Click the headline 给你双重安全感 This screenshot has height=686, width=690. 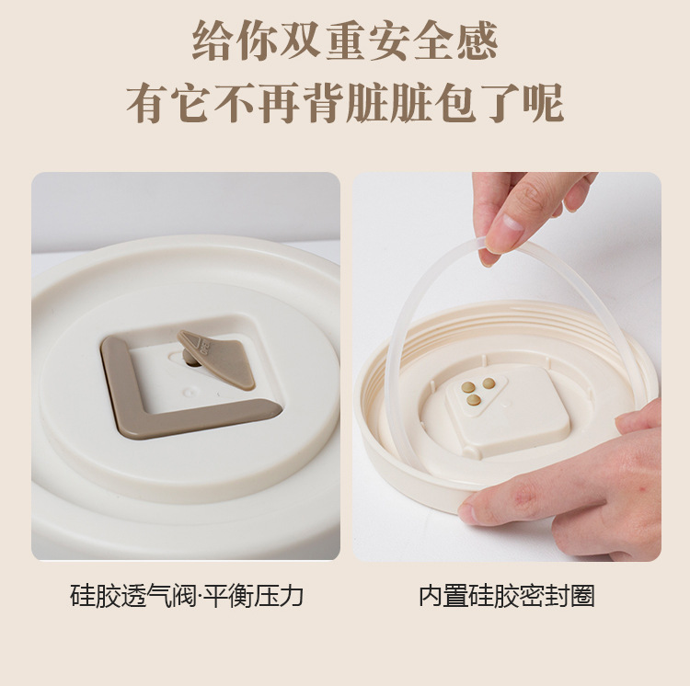[345, 40]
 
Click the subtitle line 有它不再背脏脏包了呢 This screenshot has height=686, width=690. [345, 103]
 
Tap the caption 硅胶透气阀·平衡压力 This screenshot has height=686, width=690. [187, 596]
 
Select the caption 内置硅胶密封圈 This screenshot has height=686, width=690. [507, 596]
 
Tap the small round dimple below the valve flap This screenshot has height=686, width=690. [190, 392]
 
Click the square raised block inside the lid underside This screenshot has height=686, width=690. [506, 409]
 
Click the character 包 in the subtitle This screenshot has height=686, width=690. [455, 103]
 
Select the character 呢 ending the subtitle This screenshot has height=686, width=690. [543, 103]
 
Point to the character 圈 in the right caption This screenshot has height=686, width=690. [582, 596]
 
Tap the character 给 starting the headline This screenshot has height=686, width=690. [213, 40]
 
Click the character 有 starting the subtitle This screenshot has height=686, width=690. [147, 103]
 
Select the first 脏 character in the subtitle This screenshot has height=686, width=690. [367, 103]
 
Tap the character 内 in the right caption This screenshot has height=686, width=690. [431, 596]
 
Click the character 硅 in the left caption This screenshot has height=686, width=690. [82, 596]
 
